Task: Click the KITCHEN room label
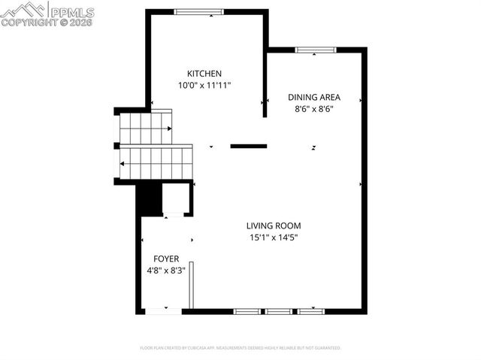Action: tap(204, 74)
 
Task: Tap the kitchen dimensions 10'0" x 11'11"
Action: tap(204, 86)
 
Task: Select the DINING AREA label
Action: tap(314, 97)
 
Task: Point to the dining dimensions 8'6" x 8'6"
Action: tap(314, 109)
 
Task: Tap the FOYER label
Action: tap(166, 259)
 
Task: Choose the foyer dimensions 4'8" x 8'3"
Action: tap(166, 271)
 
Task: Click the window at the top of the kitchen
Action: tap(198, 11)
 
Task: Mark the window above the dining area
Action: tap(315, 50)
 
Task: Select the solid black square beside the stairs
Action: tap(150, 199)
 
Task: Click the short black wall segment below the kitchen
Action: tap(248, 146)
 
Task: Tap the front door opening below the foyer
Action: tap(163, 310)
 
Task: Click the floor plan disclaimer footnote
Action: tap(240, 348)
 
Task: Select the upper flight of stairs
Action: tap(145, 128)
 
